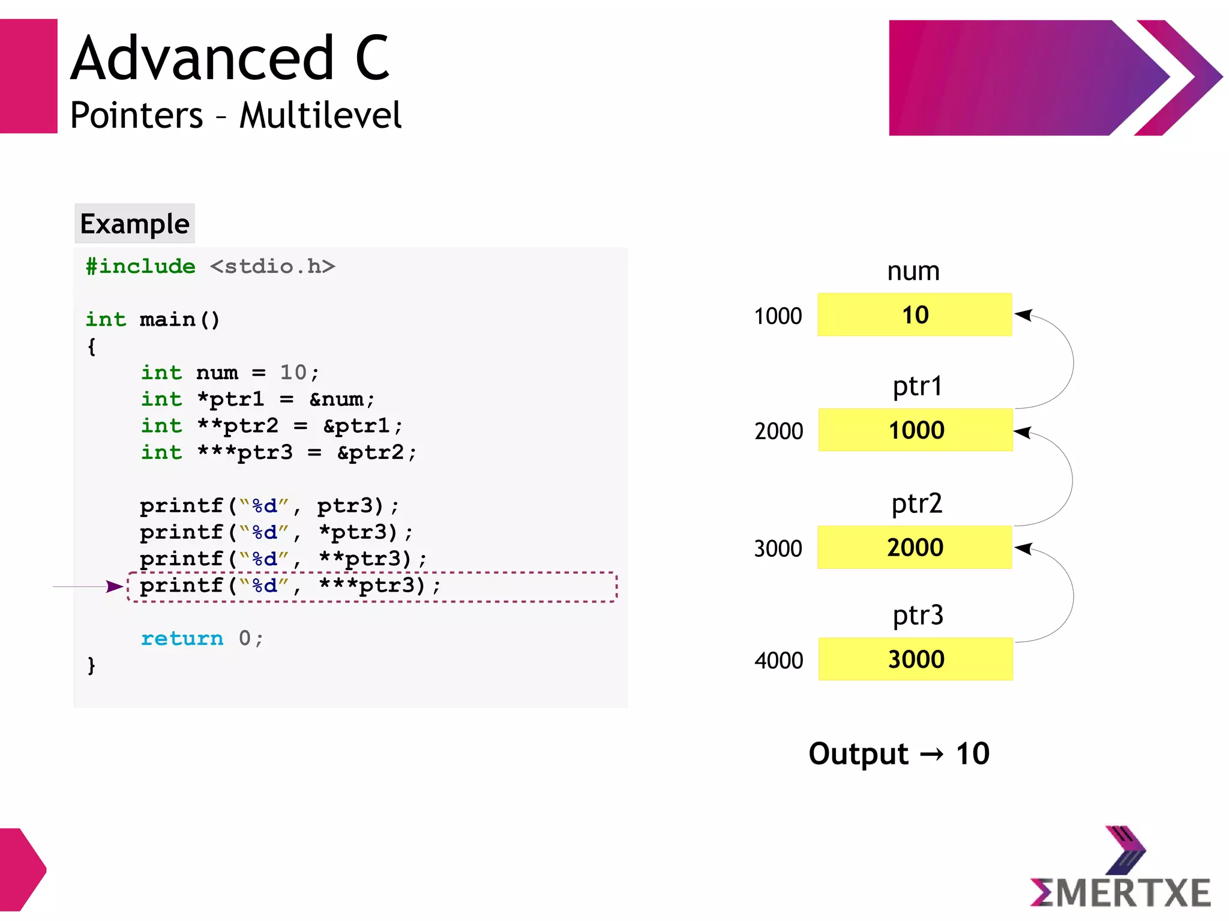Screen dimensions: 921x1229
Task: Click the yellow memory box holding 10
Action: (x=915, y=315)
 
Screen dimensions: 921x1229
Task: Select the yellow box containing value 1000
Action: (x=916, y=430)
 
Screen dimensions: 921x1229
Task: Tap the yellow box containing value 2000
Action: (x=915, y=547)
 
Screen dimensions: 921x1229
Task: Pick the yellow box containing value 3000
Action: (x=916, y=659)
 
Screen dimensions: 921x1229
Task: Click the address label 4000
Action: (x=778, y=661)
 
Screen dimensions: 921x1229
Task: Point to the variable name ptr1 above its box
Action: (x=917, y=386)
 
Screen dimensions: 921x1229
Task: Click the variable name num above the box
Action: (x=913, y=271)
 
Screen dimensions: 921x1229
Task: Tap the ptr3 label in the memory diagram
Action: (x=918, y=616)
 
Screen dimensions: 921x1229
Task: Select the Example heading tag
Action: (x=134, y=224)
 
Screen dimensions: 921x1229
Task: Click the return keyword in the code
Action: (x=182, y=638)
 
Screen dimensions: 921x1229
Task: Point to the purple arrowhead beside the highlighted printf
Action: (x=115, y=586)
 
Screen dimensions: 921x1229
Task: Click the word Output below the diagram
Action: (x=858, y=754)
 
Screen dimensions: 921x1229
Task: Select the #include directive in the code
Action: (x=140, y=266)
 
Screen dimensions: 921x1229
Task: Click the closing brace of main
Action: (x=91, y=665)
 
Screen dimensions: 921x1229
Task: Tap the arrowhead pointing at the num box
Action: (x=1024, y=315)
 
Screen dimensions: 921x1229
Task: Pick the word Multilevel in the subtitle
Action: (x=320, y=115)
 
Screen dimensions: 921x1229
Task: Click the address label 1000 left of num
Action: (x=778, y=316)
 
